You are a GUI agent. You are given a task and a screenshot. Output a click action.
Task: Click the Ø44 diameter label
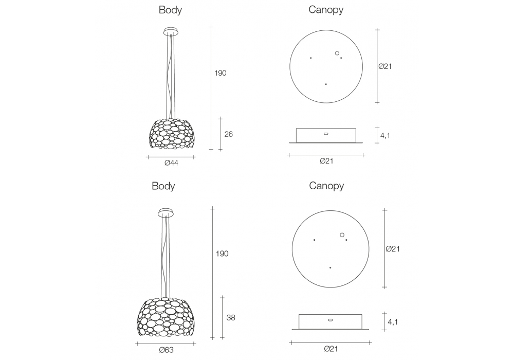(171, 164)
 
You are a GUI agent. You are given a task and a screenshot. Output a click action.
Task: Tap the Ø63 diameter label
(166, 350)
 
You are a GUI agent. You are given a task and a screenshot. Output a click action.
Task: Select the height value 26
(229, 134)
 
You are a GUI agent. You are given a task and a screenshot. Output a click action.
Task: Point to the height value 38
(231, 318)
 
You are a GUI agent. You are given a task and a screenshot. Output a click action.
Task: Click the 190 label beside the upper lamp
(220, 73)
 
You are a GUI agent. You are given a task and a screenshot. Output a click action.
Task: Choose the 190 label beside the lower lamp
(222, 254)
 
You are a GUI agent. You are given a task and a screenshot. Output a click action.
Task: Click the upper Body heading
(170, 10)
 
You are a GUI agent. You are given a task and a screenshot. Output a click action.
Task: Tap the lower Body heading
(163, 186)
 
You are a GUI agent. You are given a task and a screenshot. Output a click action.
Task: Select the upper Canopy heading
(326, 10)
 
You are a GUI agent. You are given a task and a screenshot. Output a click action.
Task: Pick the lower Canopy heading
(326, 186)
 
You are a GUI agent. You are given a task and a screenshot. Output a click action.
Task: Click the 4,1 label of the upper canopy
(386, 136)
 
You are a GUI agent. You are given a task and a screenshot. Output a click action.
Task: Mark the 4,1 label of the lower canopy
(393, 322)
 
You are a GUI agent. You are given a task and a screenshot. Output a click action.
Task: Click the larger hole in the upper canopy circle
(337, 52)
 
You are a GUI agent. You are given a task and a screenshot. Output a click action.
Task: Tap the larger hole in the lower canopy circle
(342, 235)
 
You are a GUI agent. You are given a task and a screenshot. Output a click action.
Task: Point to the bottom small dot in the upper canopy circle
(326, 84)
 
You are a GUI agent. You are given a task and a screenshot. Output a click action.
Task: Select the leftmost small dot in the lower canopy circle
(314, 240)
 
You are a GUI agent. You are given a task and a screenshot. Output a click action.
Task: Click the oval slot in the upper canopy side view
(325, 134)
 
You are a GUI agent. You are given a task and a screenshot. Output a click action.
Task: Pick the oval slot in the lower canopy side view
(330, 319)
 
